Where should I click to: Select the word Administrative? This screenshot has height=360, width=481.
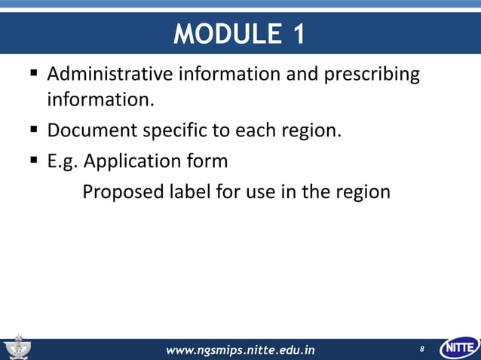(111, 75)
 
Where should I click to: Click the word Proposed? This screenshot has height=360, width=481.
(118, 192)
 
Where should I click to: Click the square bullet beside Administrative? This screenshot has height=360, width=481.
(34, 75)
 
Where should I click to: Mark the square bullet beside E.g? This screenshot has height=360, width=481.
(34, 160)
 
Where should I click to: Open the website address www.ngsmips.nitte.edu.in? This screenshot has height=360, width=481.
(240, 349)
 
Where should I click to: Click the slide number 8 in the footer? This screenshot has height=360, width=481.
(422, 349)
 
